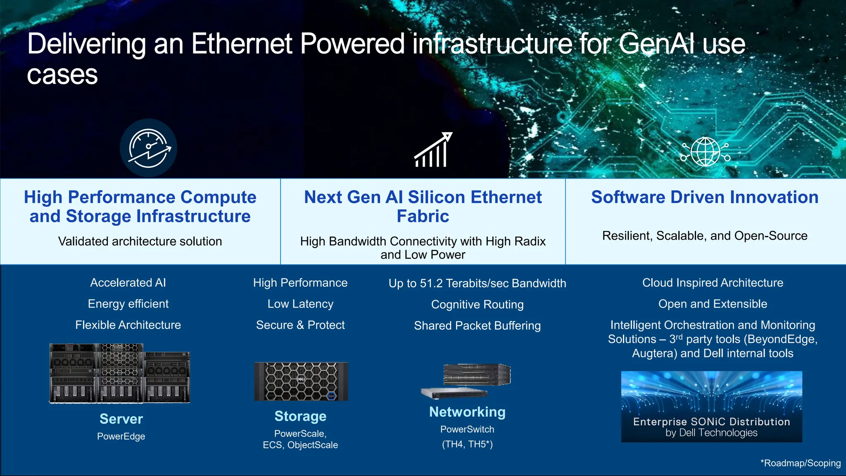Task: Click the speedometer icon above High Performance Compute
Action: point(148,148)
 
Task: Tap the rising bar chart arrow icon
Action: point(433,150)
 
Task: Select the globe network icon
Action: point(705,151)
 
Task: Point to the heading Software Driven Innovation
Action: point(705,197)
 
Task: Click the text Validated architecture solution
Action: point(140,241)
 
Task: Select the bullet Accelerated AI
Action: point(128,283)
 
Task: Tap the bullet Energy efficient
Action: point(128,304)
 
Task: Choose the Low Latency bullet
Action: point(300,304)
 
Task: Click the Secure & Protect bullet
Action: point(300,325)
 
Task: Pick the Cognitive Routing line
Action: point(477,305)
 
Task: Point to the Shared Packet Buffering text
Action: point(477,326)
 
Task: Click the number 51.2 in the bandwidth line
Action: point(431,283)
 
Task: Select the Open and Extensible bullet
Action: point(713,304)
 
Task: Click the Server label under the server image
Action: point(121,419)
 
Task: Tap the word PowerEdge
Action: point(121,436)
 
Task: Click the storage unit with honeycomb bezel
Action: point(301,381)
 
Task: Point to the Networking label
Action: point(467,412)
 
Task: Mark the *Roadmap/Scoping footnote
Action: point(800,463)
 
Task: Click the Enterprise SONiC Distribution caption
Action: point(711,422)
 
